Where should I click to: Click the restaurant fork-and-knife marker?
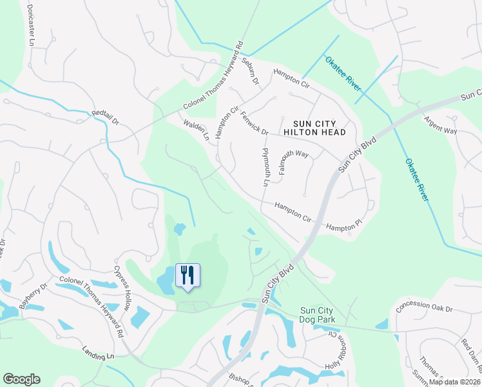click(x=188, y=275)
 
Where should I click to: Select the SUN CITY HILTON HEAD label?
click(x=320, y=127)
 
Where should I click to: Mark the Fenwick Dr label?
click(x=254, y=122)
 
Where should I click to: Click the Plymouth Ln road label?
click(x=265, y=166)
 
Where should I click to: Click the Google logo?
click(x=21, y=379)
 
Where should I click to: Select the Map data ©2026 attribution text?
click(x=455, y=382)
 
